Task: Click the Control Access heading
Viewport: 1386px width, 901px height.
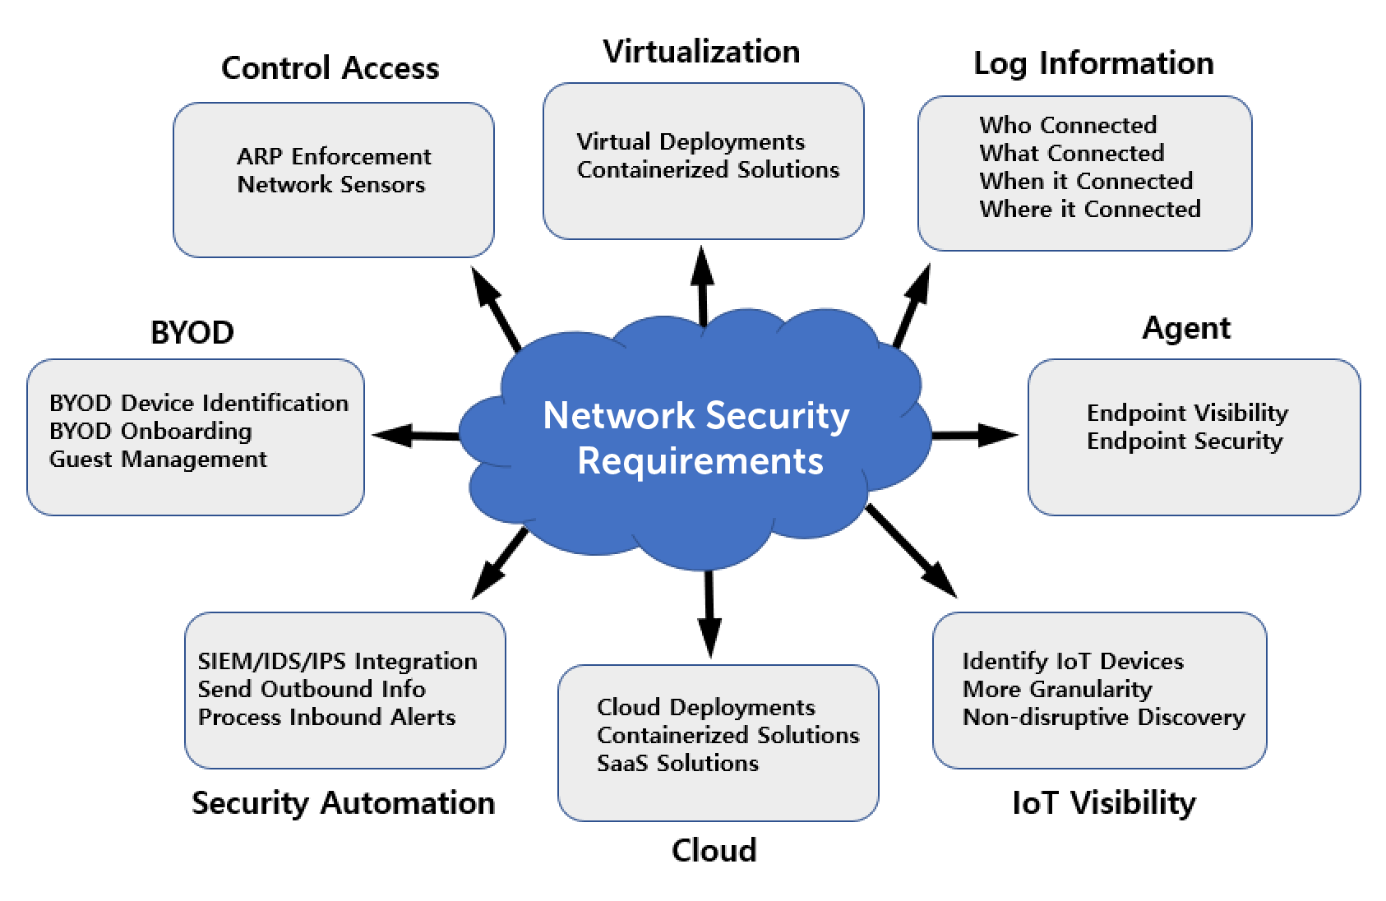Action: click(330, 68)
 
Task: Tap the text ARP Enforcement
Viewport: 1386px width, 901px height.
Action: click(334, 156)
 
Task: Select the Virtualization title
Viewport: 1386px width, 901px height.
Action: click(701, 52)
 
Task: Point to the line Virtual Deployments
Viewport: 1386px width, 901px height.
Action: click(691, 141)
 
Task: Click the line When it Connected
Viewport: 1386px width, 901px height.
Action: click(1085, 181)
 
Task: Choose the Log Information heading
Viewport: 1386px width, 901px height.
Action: click(1093, 63)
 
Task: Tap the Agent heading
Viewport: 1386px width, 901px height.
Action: click(1186, 328)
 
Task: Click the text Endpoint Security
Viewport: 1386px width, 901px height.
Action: click(1184, 441)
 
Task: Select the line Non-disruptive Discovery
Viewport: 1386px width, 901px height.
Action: click(1103, 718)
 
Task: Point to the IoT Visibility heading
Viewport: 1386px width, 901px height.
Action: click(1103, 803)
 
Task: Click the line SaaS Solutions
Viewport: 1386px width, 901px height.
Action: click(677, 764)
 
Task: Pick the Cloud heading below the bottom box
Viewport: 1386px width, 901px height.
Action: click(714, 851)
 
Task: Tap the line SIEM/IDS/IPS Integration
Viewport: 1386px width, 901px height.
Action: click(337, 662)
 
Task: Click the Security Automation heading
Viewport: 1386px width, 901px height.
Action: click(343, 803)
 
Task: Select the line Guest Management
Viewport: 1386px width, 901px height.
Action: click(158, 460)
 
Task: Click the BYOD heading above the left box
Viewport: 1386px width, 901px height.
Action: click(192, 333)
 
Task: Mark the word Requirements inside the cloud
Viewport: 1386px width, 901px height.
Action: click(700, 461)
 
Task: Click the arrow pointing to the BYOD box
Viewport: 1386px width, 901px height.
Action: click(411, 435)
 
